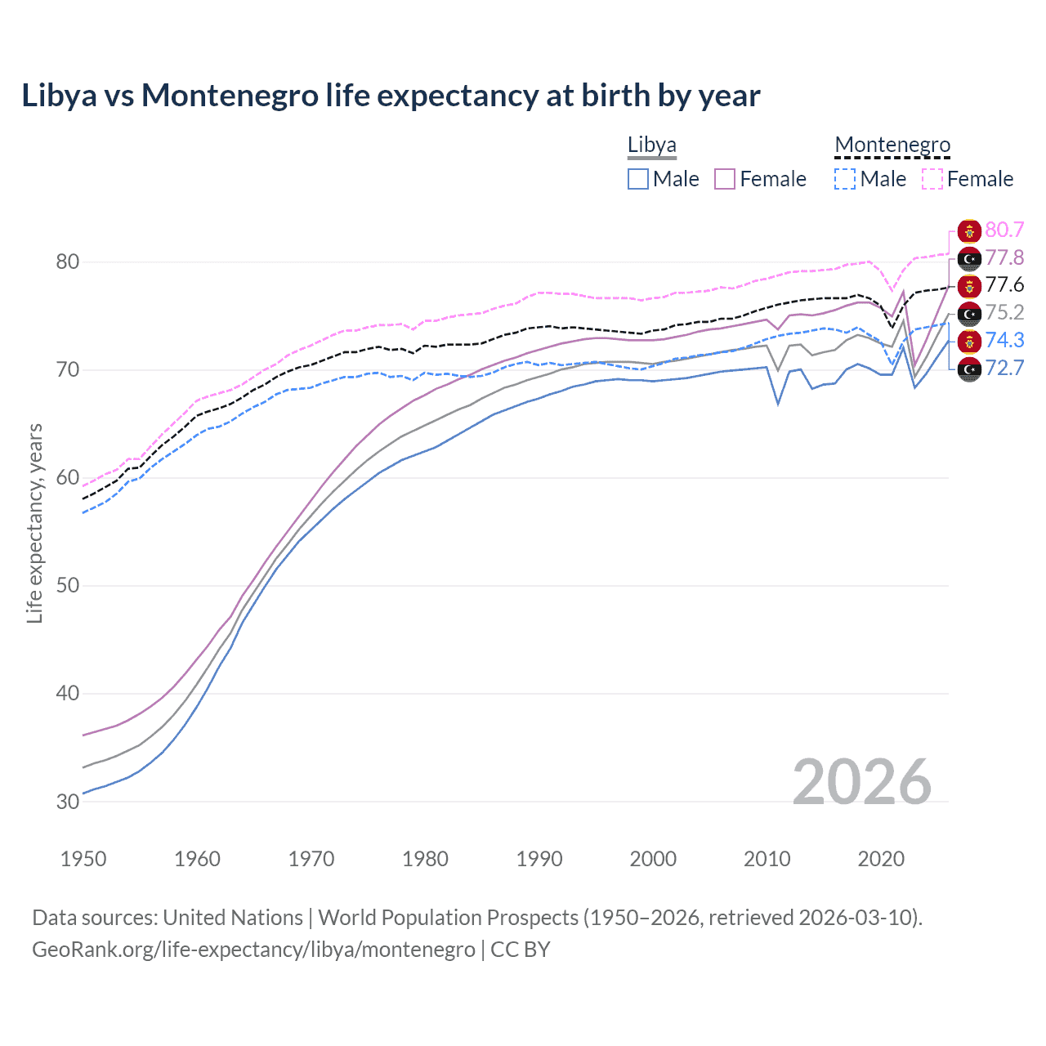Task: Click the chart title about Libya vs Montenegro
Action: (391, 96)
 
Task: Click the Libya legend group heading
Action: (651, 145)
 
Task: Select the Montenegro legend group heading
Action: (892, 145)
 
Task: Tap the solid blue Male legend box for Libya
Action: (638, 179)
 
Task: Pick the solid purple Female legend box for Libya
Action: (725, 179)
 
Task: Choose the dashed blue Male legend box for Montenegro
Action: (845, 179)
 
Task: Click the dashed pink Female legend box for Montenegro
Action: (932, 179)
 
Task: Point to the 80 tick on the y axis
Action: (68, 262)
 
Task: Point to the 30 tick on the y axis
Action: (68, 802)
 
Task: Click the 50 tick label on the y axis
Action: (68, 586)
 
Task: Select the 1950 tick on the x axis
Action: (83, 859)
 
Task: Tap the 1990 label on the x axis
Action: (539, 859)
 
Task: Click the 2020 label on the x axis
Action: (881, 859)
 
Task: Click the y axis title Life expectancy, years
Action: (34, 523)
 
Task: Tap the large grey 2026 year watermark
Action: (861, 782)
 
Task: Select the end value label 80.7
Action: (1004, 230)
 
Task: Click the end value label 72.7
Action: (1004, 369)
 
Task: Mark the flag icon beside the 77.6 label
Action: (969, 286)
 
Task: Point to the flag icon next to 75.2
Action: (969, 313)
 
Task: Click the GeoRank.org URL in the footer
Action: (253, 950)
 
